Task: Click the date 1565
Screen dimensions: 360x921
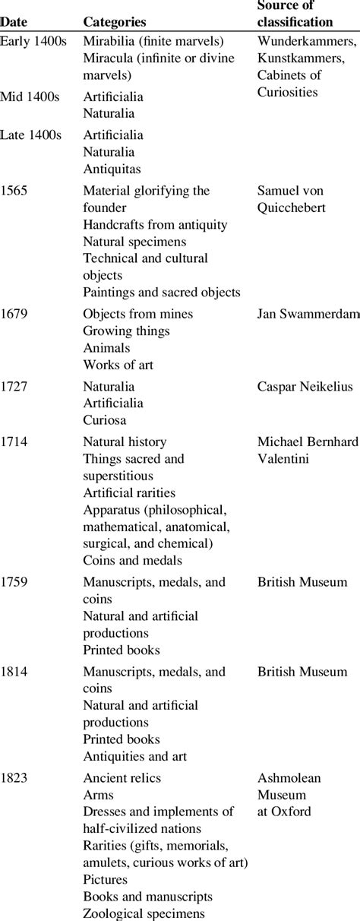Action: [x=15, y=191]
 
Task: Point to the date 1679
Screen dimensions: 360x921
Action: [x=15, y=314]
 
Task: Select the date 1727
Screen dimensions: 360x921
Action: [x=15, y=387]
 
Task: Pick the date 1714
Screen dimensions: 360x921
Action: [x=15, y=442]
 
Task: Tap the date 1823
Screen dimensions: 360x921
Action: [x=15, y=778]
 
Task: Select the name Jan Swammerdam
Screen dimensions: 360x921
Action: [x=308, y=314]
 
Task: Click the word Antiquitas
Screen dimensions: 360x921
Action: [x=112, y=169]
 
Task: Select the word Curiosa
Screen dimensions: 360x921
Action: [x=105, y=420]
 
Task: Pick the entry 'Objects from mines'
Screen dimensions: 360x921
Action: [x=137, y=314]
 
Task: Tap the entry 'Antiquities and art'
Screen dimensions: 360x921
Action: [x=134, y=756]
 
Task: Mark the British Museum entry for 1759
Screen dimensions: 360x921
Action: [x=302, y=582]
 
